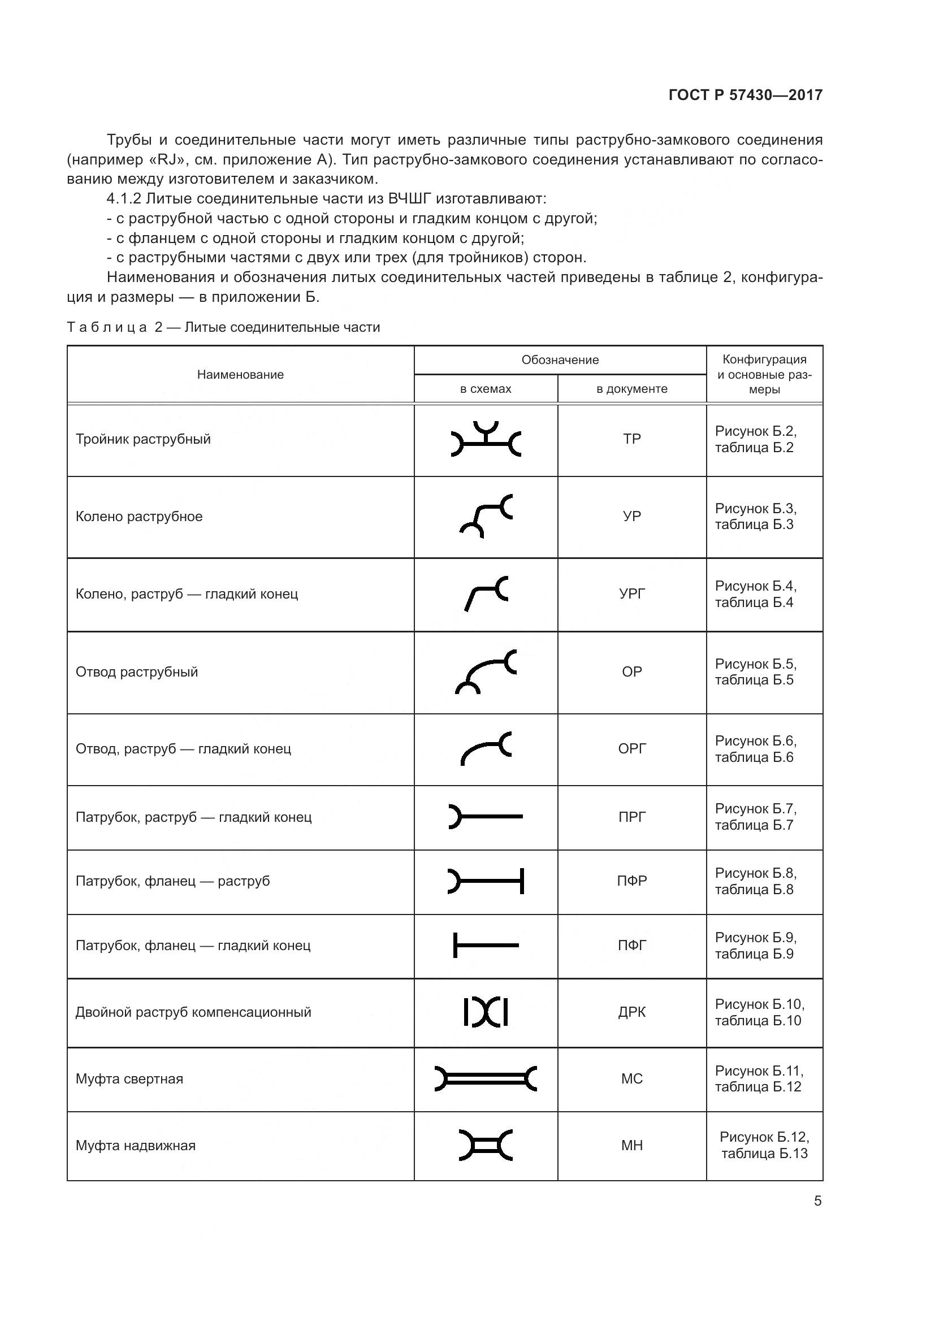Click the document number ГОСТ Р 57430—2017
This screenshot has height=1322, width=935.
click(745, 95)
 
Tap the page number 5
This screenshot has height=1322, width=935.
click(817, 1201)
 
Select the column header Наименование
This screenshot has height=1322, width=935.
click(240, 375)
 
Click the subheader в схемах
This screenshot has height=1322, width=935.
click(486, 389)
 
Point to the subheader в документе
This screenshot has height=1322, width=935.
click(631, 389)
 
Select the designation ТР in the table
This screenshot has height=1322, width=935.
click(631, 439)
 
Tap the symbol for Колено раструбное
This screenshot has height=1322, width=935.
click(486, 516)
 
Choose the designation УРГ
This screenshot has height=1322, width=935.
click(631, 593)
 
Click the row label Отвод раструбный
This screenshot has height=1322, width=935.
click(136, 672)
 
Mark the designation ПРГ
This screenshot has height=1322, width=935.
click(631, 817)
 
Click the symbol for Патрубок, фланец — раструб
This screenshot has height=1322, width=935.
click(486, 881)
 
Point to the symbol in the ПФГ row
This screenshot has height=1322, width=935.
click(486, 945)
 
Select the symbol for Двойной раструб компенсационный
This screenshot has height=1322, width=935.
click(486, 1012)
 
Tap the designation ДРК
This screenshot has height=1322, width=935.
click(631, 1012)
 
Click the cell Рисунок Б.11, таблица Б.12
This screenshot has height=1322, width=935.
click(758, 1079)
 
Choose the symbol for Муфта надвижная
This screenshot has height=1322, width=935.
click(486, 1145)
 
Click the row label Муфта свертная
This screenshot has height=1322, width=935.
click(129, 1079)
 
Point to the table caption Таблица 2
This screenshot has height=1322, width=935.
click(223, 328)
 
